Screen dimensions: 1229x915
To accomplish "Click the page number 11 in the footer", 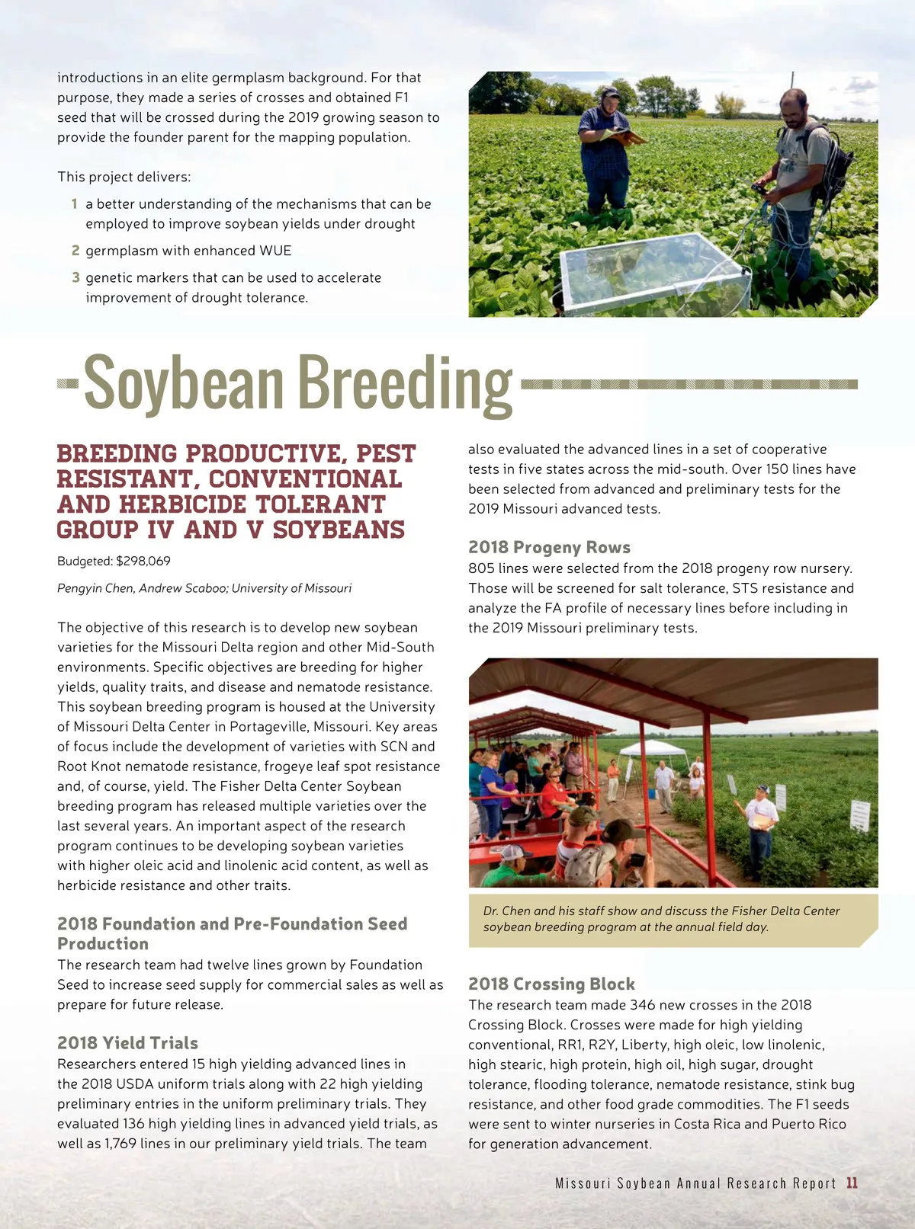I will tap(852, 1183).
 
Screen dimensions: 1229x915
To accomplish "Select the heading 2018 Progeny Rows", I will tap(549, 547).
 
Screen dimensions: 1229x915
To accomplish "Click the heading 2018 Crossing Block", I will tap(551, 984).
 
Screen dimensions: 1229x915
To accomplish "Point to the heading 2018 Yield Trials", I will tap(127, 1043).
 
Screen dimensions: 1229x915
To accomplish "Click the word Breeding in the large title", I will tap(404, 383).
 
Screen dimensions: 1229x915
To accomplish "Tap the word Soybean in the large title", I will tap(183, 383).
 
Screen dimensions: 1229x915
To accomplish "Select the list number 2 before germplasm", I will tap(75, 251).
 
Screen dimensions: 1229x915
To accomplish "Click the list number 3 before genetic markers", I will tap(75, 277).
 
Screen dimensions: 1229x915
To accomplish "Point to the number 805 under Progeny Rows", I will tap(481, 568).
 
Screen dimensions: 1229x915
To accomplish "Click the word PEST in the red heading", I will tap(386, 454).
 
